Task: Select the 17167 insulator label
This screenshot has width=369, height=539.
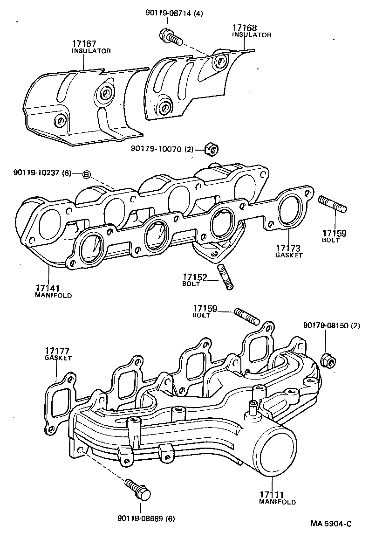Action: point(91,47)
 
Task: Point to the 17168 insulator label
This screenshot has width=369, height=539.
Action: point(251,31)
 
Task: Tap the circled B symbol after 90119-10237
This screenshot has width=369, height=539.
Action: point(86,174)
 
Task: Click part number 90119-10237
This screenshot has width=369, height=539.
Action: point(42,173)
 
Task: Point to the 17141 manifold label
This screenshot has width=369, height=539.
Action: point(54,291)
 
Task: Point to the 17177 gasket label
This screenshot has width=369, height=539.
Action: point(58,354)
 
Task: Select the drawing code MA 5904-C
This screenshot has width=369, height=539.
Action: point(331,524)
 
